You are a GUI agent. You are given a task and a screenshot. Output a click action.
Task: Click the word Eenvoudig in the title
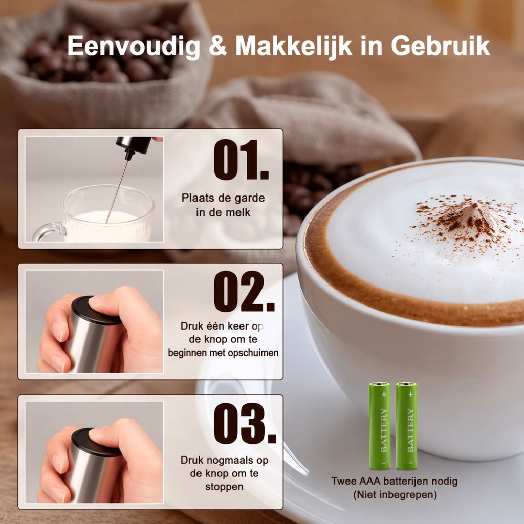[x=134, y=46]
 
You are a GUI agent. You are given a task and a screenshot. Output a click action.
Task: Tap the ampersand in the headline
[x=218, y=46]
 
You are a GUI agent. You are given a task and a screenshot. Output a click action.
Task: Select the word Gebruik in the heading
[x=440, y=46]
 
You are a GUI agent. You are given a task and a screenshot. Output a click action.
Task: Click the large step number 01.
[x=241, y=160]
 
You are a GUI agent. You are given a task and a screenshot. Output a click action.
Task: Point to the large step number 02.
[x=244, y=291]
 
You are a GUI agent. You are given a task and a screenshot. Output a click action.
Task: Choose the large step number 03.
[x=245, y=423]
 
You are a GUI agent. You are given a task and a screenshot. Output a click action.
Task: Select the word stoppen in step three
[x=224, y=487]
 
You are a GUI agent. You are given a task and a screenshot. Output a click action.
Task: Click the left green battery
[x=379, y=426]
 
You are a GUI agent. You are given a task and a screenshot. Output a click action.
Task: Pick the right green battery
[x=406, y=426]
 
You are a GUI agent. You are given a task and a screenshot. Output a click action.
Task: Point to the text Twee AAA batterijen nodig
[x=395, y=481]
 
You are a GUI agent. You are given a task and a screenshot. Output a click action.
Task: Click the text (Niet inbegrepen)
[x=395, y=495]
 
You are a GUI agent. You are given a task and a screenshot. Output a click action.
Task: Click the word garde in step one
[x=249, y=198]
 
